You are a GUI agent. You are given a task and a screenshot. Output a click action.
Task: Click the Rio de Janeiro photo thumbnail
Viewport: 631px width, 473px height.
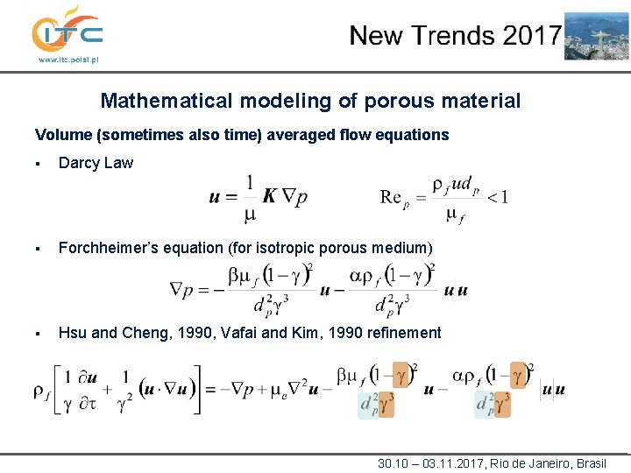pyautogui.click(x=596, y=35)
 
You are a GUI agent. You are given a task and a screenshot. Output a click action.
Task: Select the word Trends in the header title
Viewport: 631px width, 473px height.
pyautogui.click(x=455, y=36)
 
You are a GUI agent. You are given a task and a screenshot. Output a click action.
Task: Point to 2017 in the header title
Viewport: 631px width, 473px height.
pyautogui.click(x=531, y=36)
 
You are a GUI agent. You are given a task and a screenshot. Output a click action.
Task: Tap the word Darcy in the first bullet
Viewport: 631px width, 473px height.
pyautogui.click(x=77, y=163)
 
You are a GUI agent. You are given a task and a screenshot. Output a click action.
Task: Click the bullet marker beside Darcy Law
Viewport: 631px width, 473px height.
pyautogui.click(x=39, y=164)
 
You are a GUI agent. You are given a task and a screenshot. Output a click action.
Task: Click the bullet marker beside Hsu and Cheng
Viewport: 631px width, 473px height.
pyautogui.click(x=39, y=334)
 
